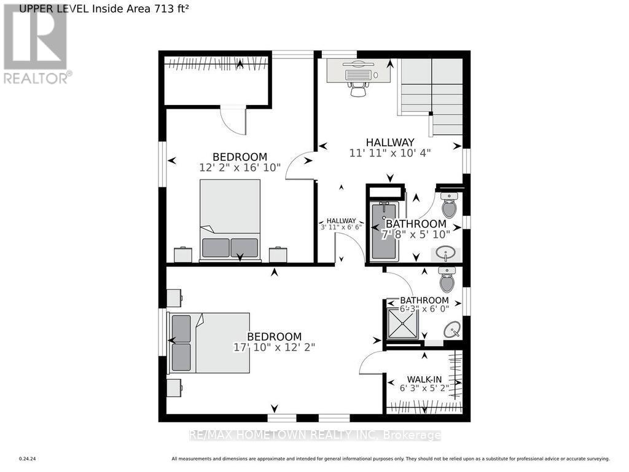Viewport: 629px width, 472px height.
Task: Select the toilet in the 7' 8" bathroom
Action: [450, 205]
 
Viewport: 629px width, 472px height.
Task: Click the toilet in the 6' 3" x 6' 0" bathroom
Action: [447, 281]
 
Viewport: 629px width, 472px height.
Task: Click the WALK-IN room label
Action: [424, 379]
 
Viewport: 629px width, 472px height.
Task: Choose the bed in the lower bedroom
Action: [209, 342]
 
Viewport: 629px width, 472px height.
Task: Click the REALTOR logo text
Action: [37, 78]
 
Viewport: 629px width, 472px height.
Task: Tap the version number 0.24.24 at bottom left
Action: [28, 458]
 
